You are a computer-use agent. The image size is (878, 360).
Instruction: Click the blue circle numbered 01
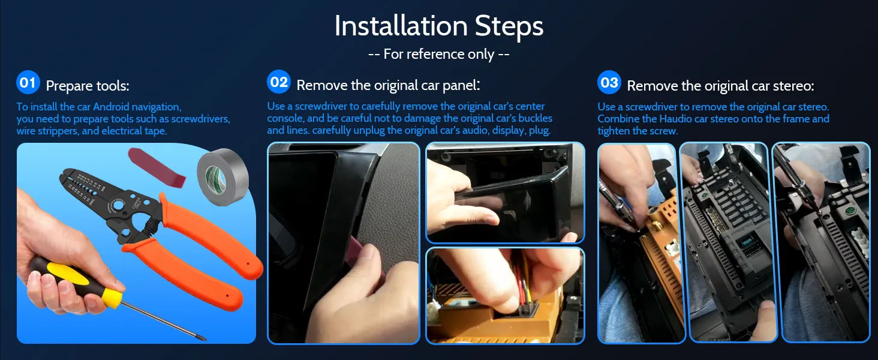(28, 82)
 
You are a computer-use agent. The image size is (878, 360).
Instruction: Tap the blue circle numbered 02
(279, 82)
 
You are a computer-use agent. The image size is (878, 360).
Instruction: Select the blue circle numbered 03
(609, 82)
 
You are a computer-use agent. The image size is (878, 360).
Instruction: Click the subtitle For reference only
(438, 54)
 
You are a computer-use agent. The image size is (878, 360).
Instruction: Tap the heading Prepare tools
(88, 86)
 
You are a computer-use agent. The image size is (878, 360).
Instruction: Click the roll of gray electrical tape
(222, 177)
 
